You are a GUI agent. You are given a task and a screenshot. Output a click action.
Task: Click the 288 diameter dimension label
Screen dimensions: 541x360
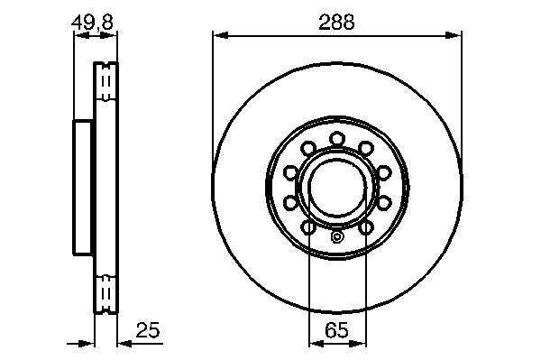(336, 23)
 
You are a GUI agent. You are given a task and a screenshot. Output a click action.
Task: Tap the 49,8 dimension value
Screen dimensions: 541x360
(92, 22)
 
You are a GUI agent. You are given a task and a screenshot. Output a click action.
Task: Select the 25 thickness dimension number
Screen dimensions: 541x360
(148, 330)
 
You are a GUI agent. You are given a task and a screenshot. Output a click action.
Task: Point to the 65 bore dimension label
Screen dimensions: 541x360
(336, 330)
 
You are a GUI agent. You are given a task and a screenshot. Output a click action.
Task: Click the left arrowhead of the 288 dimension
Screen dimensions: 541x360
(221, 35)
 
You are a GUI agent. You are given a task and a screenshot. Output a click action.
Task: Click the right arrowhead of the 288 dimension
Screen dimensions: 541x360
(453, 35)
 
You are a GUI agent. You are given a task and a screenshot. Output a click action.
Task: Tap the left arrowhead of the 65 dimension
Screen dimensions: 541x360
(316, 344)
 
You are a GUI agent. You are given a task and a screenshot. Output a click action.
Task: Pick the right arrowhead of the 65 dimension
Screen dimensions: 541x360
(358, 344)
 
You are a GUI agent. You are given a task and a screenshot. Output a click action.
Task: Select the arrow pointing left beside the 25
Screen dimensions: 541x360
(125, 344)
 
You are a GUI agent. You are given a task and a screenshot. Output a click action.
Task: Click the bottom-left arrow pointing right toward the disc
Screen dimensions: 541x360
(87, 344)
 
